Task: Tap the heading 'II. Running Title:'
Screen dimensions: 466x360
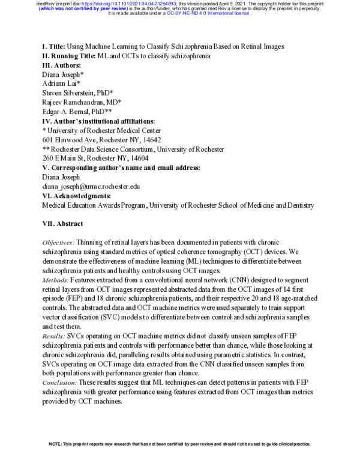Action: tap(73, 56)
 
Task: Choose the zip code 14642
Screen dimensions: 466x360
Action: tap(145, 139)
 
